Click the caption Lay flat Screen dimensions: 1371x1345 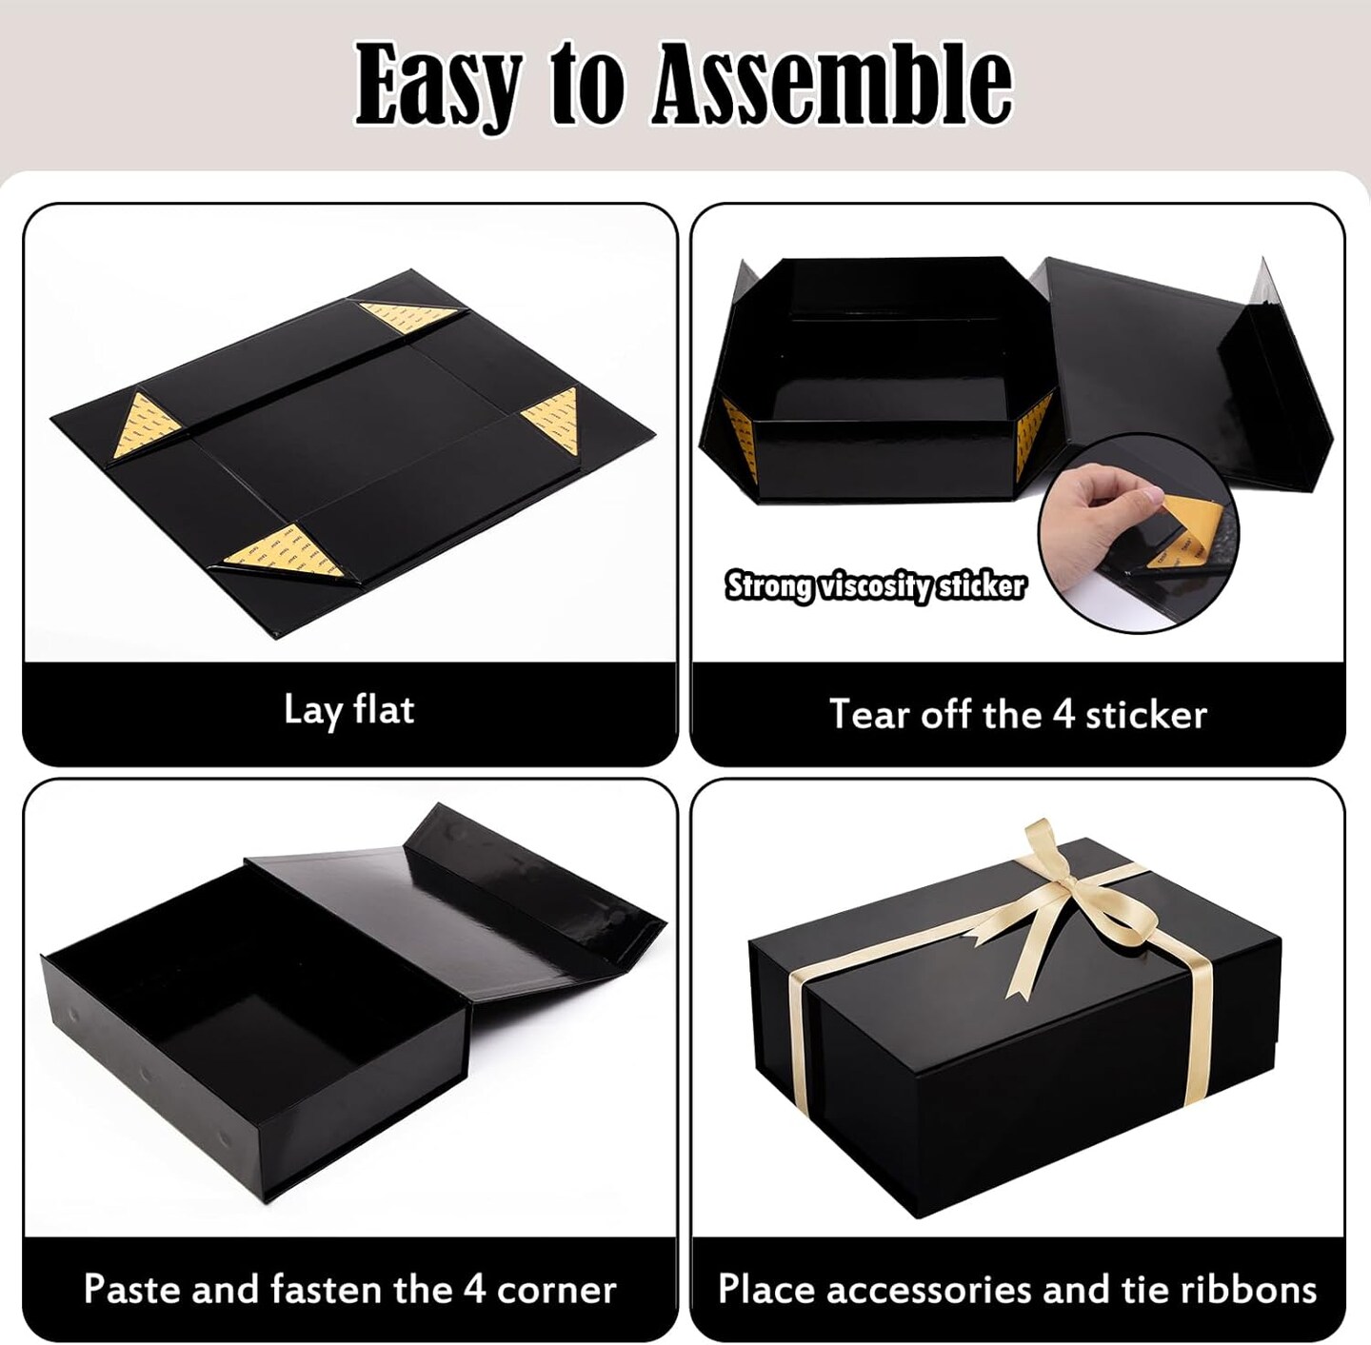pos(348,711)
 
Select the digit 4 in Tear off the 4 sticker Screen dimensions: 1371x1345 pos(1063,714)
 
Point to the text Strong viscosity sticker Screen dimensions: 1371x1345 pos(876,586)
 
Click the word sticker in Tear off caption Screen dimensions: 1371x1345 pos(1146,714)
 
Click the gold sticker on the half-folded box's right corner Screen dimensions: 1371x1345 pos(1033,433)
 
